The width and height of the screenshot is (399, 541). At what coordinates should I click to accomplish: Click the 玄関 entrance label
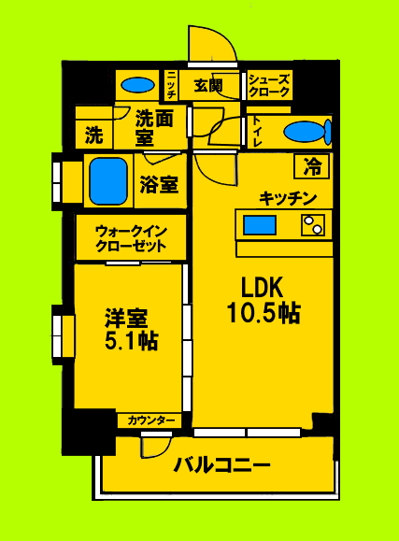click(207, 86)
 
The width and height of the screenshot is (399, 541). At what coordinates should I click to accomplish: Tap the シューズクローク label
click(270, 87)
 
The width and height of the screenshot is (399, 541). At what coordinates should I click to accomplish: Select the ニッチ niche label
click(173, 87)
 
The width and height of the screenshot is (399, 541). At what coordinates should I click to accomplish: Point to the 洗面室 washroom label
click(156, 127)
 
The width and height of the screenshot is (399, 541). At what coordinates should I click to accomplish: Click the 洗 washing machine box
click(93, 134)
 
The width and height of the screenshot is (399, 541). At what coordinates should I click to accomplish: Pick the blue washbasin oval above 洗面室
click(138, 85)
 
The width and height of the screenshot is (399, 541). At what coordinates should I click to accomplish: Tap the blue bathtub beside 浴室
click(109, 180)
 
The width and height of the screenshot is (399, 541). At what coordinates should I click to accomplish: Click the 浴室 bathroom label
click(159, 184)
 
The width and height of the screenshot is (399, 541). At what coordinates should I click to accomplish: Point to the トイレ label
click(256, 132)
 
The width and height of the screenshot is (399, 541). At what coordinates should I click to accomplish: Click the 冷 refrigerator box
click(313, 167)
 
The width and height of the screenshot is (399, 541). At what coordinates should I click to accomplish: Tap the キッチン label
click(289, 197)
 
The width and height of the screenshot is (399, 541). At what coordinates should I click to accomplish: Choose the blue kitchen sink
click(260, 224)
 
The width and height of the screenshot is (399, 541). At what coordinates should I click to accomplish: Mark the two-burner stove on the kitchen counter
click(312, 224)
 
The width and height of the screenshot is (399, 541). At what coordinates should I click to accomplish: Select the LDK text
click(263, 284)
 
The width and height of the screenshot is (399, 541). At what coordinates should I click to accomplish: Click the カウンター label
click(150, 421)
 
